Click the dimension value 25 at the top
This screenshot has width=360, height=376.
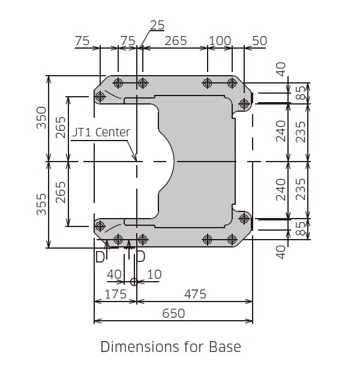click(157, 25)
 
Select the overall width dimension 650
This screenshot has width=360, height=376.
click(173, 313)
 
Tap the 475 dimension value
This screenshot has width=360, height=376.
click(195, 294)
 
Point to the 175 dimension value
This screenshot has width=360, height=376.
click(116, 294)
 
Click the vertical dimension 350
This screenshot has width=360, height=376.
click(41, 118)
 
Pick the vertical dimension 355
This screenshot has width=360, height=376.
click(41, 204)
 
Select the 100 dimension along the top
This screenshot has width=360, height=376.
click(220, 41)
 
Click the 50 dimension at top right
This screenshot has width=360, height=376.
click(260, 41)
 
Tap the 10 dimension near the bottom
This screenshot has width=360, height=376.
click(154, 274)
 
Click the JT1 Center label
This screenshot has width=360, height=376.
click(101, 132)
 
